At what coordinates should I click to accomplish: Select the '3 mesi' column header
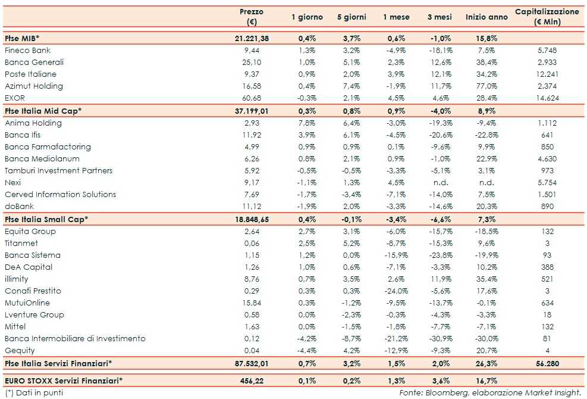441,17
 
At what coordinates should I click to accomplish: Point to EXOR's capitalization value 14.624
545,98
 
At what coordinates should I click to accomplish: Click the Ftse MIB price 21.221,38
252,38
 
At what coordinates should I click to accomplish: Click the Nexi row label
12,183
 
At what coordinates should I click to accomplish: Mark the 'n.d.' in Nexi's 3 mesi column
441,183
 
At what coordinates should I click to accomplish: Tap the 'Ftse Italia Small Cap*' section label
46,219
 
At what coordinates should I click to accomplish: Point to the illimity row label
16,279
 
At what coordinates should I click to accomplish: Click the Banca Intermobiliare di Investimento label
74,339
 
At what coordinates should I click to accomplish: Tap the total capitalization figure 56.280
545,363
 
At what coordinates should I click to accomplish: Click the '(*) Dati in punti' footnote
33,392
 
